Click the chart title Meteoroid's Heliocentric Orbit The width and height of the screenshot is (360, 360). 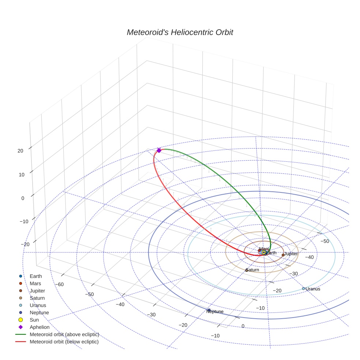click(180, 32)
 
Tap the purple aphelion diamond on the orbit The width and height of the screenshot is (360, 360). click(159, 150)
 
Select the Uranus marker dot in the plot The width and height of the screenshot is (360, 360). click(303, 288)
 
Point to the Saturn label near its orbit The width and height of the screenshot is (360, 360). click(253, 270)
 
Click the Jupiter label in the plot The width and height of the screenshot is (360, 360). click(291, 254)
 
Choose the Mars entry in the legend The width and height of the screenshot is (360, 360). click(35, 283)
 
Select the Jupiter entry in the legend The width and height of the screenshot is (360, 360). click(37, 290)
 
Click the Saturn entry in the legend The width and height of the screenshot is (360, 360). click(37, 298)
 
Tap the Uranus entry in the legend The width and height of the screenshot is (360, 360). click(38, 305)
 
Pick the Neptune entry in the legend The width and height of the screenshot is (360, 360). click(39, 312)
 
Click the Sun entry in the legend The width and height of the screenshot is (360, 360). click(34, 320)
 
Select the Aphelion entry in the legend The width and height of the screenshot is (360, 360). click(40, 327)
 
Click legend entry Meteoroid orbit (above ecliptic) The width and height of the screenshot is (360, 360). click(64, 334)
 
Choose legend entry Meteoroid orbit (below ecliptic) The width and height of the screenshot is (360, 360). click(64, 342)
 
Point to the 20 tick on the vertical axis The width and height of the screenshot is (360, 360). click(20, 150)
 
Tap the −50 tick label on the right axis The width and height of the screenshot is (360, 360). click(325, 241)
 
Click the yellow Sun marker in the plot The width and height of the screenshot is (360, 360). click(263, 252)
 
